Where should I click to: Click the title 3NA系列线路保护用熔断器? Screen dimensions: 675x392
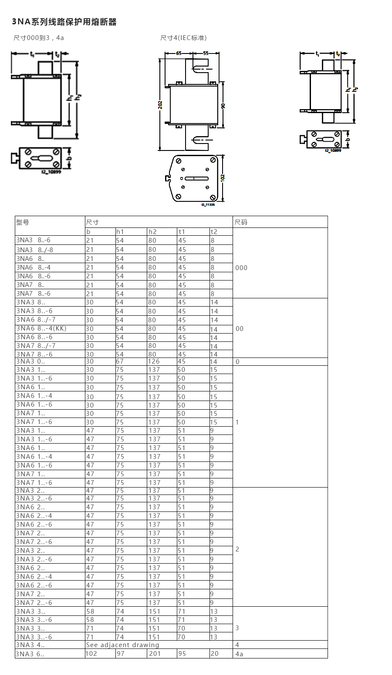[64, 22]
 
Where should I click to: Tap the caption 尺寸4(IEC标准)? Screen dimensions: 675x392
[183, 38]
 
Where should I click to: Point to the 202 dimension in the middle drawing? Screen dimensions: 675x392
[160, 105]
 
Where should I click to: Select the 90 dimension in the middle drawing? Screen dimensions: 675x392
[223, 106]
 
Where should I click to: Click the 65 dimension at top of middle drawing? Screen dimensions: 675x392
[179, 53]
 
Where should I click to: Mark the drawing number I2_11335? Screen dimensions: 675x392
[208, 204]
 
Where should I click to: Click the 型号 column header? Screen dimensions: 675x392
[23, 222]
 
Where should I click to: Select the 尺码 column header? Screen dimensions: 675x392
[241, 222]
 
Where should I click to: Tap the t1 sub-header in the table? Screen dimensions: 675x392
[182, 232]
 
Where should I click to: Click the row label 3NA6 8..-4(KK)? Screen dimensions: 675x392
[41, 328]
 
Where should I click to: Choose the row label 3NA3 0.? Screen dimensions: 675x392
[30, 361]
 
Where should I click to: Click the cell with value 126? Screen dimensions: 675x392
[154, 361]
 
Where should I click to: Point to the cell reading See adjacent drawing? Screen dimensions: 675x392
[123, 645]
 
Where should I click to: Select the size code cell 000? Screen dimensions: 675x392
[241, 268]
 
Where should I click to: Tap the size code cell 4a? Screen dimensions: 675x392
[239, 654]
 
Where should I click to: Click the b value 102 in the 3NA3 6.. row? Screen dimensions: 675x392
[92, 654]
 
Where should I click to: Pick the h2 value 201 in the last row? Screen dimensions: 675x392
[155, 654]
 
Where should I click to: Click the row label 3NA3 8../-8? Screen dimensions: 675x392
[35, 250]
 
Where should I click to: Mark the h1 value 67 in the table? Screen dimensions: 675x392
[120, 361]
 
